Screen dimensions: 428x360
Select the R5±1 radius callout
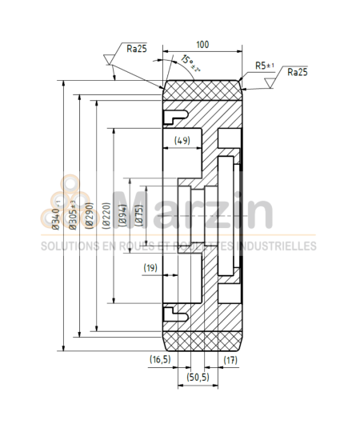click(265, 65)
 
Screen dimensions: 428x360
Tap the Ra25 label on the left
click(137, 48)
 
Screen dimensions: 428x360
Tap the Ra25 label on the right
click(296, 72)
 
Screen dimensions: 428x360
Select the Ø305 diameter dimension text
click(73, 214)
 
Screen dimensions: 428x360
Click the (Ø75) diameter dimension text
click(139, 214)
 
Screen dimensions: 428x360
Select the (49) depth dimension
click(182, 141)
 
